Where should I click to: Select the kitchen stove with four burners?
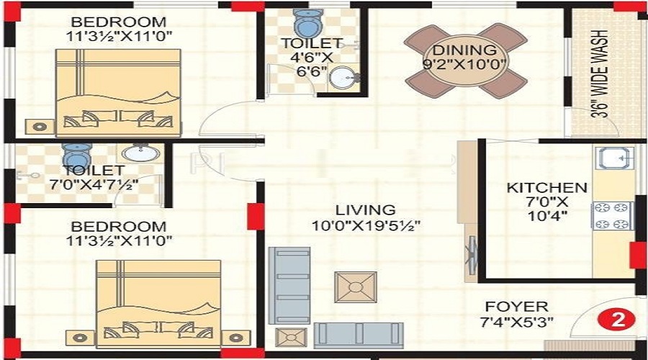[613, 216]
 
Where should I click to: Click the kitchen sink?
[614, 158]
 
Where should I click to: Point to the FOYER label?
[516, 307]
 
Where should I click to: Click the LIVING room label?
[365, 210]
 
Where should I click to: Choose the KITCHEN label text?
[546, 188]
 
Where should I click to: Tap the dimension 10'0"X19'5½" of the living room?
[366, 225]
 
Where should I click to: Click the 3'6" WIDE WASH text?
[600, 74]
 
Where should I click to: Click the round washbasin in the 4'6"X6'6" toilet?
[343, 77]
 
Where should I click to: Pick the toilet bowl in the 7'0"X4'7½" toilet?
[77, 156]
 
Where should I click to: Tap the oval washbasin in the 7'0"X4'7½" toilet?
[140, 153]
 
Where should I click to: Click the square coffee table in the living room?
[356, 287]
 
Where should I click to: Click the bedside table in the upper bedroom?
[40, 127]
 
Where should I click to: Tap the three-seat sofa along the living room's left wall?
[289, 286]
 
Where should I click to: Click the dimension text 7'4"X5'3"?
[516, 322]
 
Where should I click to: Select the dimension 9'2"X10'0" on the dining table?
[465, 64]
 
